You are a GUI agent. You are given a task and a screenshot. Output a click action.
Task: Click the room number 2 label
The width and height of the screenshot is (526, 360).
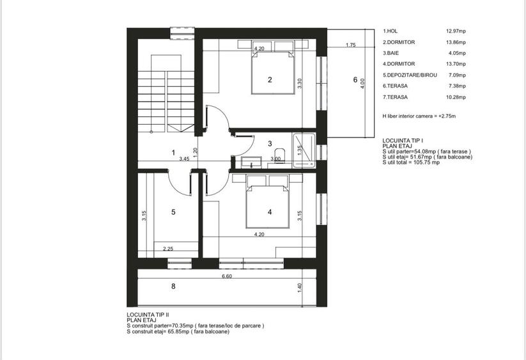pos(270,80)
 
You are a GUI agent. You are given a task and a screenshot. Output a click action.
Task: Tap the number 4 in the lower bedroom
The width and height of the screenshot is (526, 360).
pos(270,212)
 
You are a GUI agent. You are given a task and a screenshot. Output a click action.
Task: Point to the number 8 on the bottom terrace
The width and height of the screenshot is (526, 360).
pos(173,286)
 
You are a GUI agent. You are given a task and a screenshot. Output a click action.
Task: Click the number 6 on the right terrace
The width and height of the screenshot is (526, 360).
pos(355,80)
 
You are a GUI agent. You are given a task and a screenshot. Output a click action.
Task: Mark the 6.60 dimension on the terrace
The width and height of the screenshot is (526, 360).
pos(227,277)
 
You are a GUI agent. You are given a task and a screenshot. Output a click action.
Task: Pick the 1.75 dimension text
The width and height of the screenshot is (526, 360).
pos(350,45)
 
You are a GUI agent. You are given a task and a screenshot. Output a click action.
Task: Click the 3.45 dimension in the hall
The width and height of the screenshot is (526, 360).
pos(184,159)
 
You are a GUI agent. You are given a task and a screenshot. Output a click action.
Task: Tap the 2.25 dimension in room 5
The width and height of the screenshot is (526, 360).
pos(169,249)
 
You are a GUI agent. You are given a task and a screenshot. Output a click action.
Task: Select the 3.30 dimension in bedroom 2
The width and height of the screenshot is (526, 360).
pos(299,84)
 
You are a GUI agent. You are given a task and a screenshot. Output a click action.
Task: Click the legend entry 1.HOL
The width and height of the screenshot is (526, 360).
pos(391,31)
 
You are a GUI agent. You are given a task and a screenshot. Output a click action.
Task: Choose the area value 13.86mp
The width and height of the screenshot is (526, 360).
pos(456,42)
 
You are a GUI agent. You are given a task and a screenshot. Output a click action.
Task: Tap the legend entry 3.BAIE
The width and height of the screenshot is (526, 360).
pos(392,53)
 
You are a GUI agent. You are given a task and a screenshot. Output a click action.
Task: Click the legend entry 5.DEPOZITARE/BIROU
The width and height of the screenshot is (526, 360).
pos(410,75)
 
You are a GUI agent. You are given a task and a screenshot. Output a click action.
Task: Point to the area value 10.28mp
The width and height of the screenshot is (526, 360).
pos(456,97)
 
